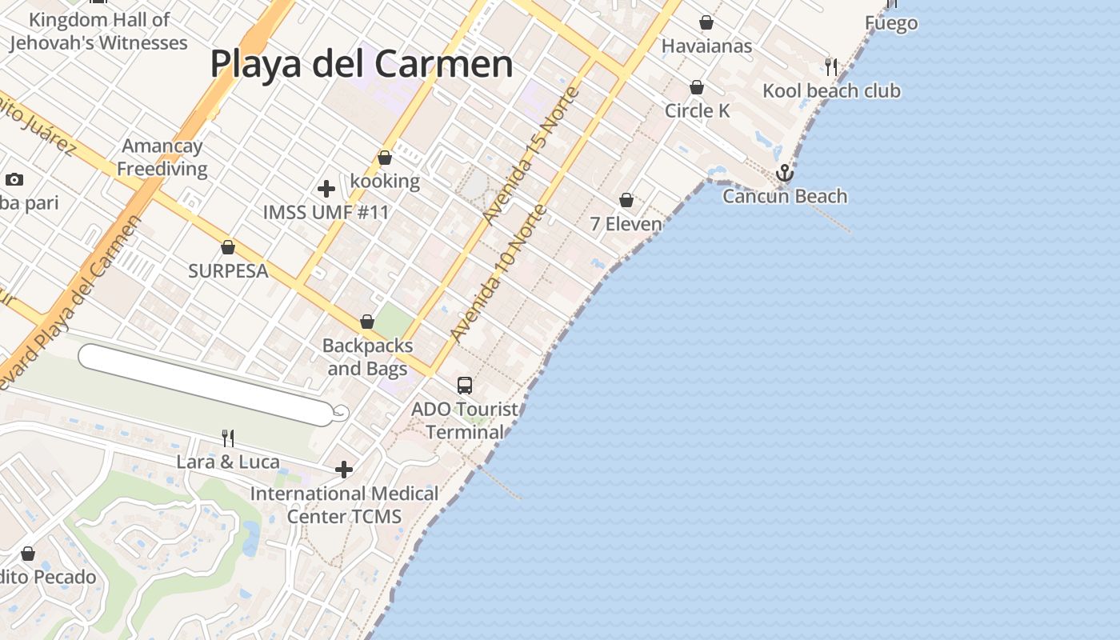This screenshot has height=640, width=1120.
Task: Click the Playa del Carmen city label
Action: [362, 64]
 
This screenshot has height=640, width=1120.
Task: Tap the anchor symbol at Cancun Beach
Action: [785, 173]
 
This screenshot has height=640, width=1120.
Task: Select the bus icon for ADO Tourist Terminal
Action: [465, 385]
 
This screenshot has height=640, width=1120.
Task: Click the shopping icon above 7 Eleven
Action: [626, 200]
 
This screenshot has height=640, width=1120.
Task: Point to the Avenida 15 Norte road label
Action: [532, 156]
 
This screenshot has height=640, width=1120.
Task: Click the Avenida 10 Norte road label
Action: [498, 274]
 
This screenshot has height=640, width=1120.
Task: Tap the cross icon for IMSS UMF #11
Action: [326, 189]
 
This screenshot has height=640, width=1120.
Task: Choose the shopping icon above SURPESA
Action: [228, 247]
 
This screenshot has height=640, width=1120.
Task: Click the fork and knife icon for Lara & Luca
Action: [228, 438]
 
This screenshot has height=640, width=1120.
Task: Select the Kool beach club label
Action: [831, 90]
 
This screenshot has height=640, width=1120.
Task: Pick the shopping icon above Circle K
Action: [697, 87]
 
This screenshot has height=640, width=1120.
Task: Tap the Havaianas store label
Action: [706, 46]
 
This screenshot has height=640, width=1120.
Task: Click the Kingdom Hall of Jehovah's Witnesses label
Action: [99, 31]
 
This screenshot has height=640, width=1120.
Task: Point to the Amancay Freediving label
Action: [162, 158]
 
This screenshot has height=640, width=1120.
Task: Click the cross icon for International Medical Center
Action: [344, 470]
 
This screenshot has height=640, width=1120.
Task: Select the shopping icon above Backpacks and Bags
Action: [367, 322]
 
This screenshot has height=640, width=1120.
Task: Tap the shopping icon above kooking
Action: [385, 158]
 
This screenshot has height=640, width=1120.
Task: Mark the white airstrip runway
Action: [208, 384]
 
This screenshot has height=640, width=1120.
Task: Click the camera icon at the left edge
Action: [14, 180]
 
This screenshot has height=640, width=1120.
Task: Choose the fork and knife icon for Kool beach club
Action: [831, 66]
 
